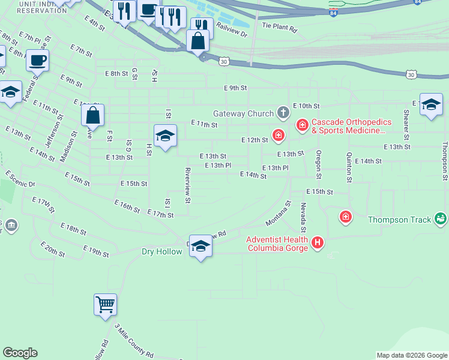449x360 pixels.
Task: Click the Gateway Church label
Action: [243, 113]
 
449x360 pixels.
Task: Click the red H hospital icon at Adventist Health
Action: [318, 244]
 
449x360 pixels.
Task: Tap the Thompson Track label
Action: [399, 220]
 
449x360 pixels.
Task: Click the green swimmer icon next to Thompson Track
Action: [441, 220]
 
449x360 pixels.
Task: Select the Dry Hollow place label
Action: [162, 251]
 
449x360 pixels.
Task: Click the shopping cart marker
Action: [105, 304]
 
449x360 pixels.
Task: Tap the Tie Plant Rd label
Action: [280, 28]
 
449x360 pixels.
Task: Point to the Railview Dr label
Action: [232, 31]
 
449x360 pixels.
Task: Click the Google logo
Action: [20, 353]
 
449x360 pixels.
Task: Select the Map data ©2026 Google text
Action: [412, 355]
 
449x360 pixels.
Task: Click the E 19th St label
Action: [96, 251]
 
